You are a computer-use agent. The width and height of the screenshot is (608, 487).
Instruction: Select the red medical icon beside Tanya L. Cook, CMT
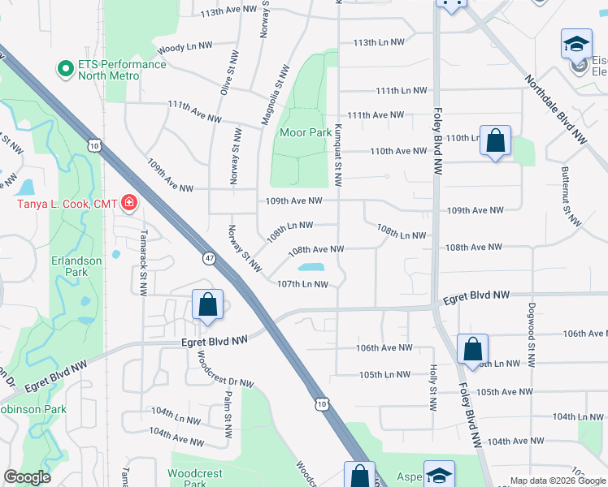pos(128,203)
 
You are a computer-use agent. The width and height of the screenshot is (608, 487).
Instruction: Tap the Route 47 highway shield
pos(209,257)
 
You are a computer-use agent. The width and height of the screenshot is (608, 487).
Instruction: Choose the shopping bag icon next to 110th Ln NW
pos(495,141)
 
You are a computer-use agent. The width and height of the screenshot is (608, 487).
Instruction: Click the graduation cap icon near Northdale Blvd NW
pos(576,44)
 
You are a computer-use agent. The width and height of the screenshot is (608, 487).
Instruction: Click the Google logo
pos(27,478)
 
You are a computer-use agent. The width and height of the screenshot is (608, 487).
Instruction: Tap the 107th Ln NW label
pos(302,284)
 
